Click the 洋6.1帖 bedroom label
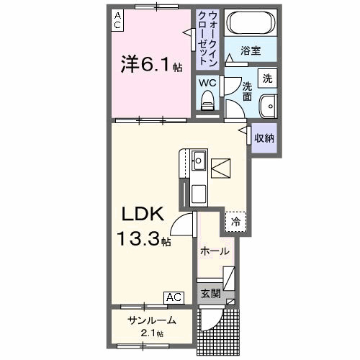point(151,66)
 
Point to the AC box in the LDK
point(174,296)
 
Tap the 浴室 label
point(250,52)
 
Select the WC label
point(207,82)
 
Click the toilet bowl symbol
point(209,105)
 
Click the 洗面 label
point(247,91)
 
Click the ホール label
point(215,252)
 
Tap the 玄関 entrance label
point(210,293)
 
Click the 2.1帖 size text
point(151,334)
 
